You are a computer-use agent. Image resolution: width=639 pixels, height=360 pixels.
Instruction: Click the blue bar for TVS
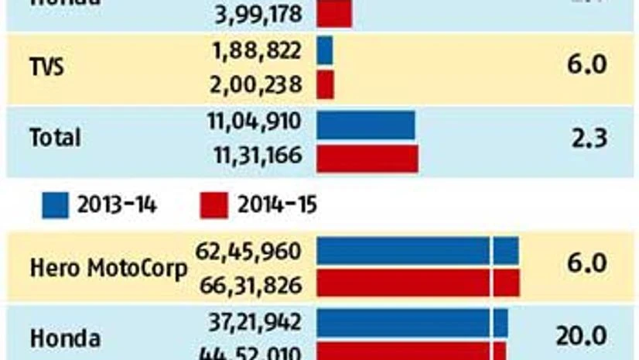[325, 50]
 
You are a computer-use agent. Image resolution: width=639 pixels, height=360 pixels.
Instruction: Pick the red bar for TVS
[326, 84]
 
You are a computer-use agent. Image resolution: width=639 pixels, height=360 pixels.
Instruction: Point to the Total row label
[54, 139]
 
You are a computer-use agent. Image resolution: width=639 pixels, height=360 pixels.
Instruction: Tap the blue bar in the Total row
[365, 124]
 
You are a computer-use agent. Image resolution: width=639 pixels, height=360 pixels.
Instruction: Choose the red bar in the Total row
[367, 157]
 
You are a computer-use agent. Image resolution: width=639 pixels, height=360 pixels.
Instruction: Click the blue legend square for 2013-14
[55, 205]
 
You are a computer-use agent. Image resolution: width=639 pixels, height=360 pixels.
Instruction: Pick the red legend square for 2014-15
[214, 205]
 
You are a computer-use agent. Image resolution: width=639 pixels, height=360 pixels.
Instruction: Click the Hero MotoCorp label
[108, 269]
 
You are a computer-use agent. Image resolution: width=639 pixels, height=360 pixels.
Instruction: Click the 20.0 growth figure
[580, 337]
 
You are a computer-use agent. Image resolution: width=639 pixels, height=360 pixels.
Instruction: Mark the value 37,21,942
[255, 320]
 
